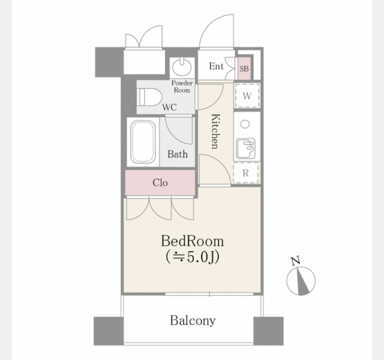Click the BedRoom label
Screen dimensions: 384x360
coord(193,241)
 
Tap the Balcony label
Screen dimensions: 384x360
coord(193,320)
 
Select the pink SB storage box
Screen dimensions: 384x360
coord(244,68)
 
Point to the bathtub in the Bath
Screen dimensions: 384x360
coord(143,142)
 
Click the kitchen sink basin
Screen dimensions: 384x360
coord(245,149)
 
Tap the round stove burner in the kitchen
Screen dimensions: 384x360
coord(245,124)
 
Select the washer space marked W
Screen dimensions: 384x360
coord(247,95)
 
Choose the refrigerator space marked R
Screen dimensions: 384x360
coord(245,173)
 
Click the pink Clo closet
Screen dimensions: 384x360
coord(160,182)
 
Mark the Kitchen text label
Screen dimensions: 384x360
coord(215,131)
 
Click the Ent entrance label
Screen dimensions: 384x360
coord(216,66)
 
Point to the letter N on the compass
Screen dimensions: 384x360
coord(296,260)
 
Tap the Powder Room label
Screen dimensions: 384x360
coord(182,86)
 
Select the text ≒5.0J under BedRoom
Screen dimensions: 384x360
coord(192,257)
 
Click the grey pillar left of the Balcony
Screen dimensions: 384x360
coord(109,331)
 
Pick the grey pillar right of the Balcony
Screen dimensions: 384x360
coord(268,331)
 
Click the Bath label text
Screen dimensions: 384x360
coord(178,154)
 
